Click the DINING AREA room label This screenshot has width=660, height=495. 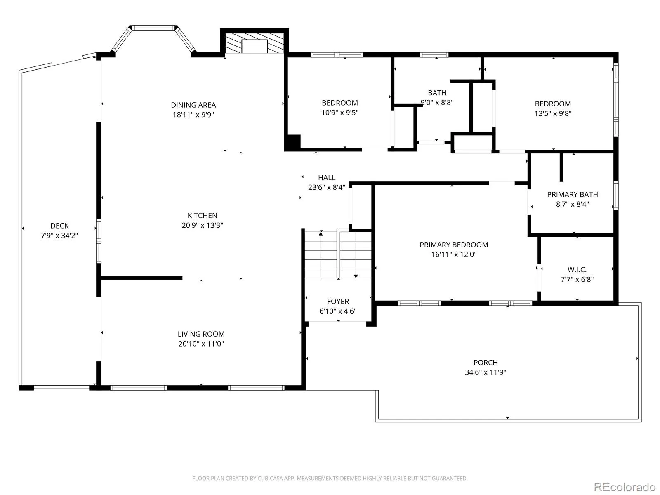coord(193,105)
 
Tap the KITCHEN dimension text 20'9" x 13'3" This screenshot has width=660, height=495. coord(203,225)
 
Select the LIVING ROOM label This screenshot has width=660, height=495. coord(201,334)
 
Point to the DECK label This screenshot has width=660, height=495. coord(59,226)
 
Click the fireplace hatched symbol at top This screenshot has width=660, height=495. coord(255,43)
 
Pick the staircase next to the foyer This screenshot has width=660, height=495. coord(338,255)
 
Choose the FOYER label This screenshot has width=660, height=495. coord(338,301)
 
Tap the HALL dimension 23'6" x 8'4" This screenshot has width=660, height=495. coord(327,187)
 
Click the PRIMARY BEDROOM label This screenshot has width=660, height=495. coord(454,245)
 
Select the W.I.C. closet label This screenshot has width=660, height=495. coord(577,270)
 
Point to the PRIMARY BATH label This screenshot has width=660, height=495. coord(573,194)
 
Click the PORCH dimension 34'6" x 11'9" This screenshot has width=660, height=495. coord(486,372)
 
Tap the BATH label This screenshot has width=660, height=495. coord(437,93)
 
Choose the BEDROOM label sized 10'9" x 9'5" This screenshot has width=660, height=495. coord(340,103)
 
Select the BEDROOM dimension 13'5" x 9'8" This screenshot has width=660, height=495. coord(553,113)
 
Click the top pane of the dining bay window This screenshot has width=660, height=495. coord(153,28)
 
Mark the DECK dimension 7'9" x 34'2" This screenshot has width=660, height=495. coord(59,235)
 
